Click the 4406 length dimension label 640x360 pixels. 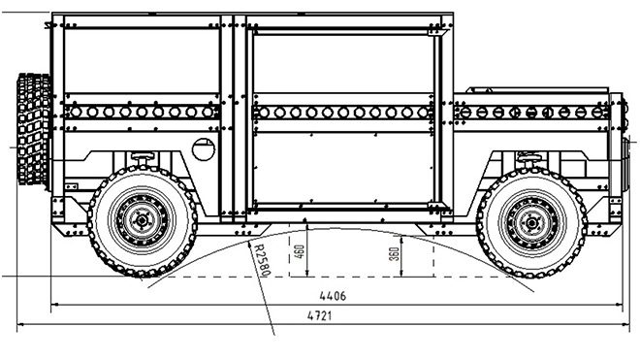coord(333,295)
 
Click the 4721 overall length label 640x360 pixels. coord(320,315)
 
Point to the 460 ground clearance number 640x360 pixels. coord(299,254)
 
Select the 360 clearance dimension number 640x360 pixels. coord(395,255)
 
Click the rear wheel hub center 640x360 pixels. coord(142,220)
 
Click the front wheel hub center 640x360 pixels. coord(531,223)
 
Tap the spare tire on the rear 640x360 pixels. coord(34,129)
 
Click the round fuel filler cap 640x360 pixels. coord(204,149)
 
